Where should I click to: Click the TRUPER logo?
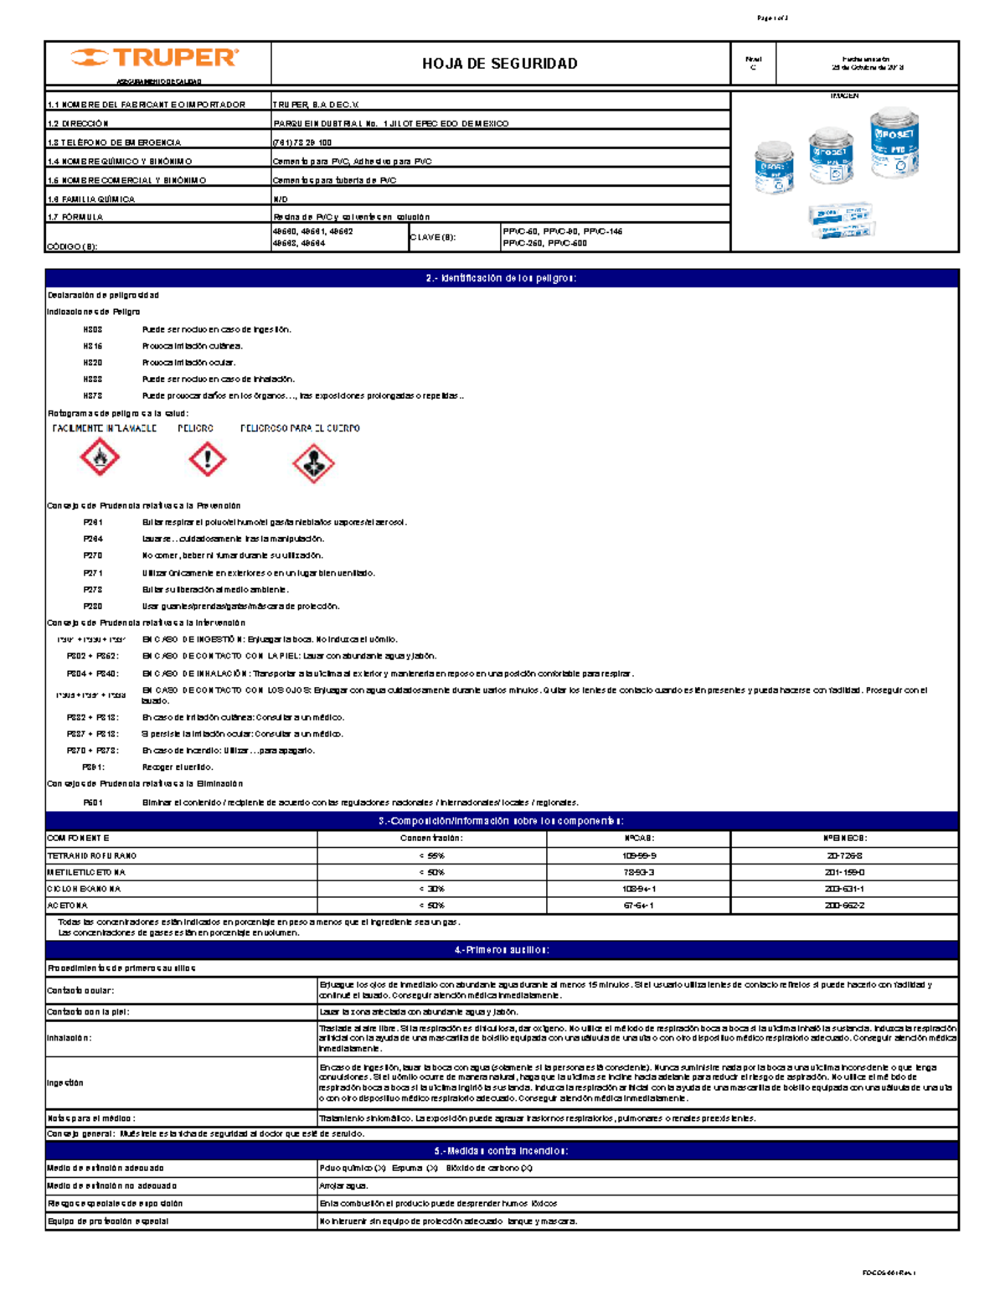coord(156,58)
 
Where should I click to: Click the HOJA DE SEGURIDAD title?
coord(500,64)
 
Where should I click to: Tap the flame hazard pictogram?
coord(100,458)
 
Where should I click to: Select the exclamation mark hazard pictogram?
coord(207,459)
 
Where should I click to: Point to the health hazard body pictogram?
coord(313,463)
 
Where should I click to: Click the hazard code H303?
coord(93,330)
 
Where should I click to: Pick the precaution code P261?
coord(93,522)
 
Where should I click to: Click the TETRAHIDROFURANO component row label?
coord(92,856)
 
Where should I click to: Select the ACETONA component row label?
coord(68,906)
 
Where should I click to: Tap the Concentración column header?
coord(431,839)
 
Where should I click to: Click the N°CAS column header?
coord(639,839)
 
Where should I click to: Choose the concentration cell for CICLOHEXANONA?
coord(431,889)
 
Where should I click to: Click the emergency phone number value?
coord(302,142)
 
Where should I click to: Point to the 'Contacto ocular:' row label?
coord(80,990)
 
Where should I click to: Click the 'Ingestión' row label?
coord(65,1083)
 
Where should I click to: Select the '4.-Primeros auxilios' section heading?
coord(502,950)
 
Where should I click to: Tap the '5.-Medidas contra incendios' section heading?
coord(502,1151)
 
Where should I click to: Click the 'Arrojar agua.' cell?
coord(343,1186)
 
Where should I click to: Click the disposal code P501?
coord(93,802)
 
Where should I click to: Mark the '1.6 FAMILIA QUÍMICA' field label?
coord(91,199)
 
